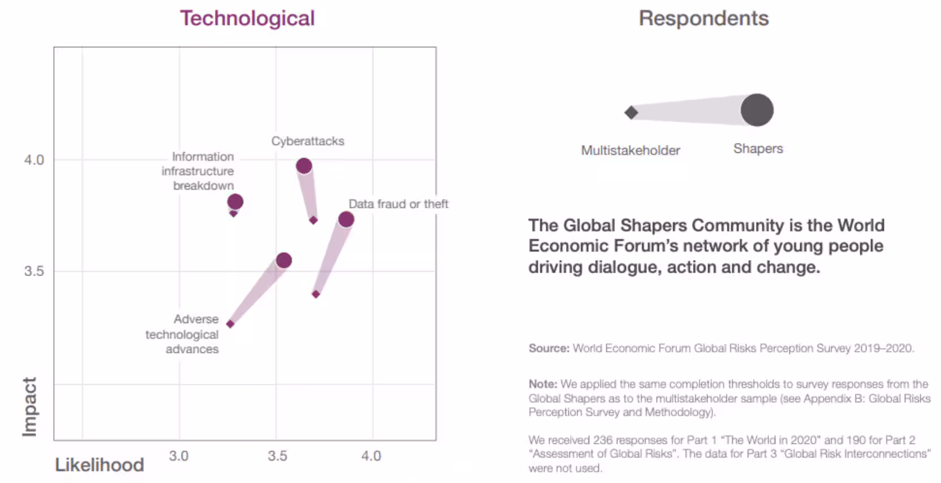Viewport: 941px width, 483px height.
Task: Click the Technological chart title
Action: [247, 18]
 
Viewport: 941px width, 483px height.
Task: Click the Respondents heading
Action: [703, 18]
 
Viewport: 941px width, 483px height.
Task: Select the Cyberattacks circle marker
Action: [304, 166]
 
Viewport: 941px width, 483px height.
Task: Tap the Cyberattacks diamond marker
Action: [313, 220]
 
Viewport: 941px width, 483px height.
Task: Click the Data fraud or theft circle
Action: [346, 219]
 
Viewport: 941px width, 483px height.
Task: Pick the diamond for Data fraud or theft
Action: [316, 294]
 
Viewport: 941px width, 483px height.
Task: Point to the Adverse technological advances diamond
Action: [230, 324]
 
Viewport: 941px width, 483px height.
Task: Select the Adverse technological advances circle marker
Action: [284, 260]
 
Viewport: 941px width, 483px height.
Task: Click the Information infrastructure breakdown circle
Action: [235, 201]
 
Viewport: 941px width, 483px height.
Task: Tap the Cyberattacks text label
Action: [308, 141]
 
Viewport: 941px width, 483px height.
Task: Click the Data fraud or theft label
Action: [398, 204]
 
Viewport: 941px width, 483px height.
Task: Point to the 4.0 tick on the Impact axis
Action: [34, 160]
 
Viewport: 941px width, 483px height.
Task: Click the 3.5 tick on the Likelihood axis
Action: [277, 456]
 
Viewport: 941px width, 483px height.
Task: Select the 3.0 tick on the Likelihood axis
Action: [179, 456]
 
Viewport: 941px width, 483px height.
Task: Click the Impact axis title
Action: [29, 407]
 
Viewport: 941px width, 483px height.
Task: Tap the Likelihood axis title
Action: [100, 465]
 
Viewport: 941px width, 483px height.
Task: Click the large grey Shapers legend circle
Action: [757, 110]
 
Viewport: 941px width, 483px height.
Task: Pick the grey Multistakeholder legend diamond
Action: [631, 113]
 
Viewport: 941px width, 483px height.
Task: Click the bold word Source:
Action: [549, 348]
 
